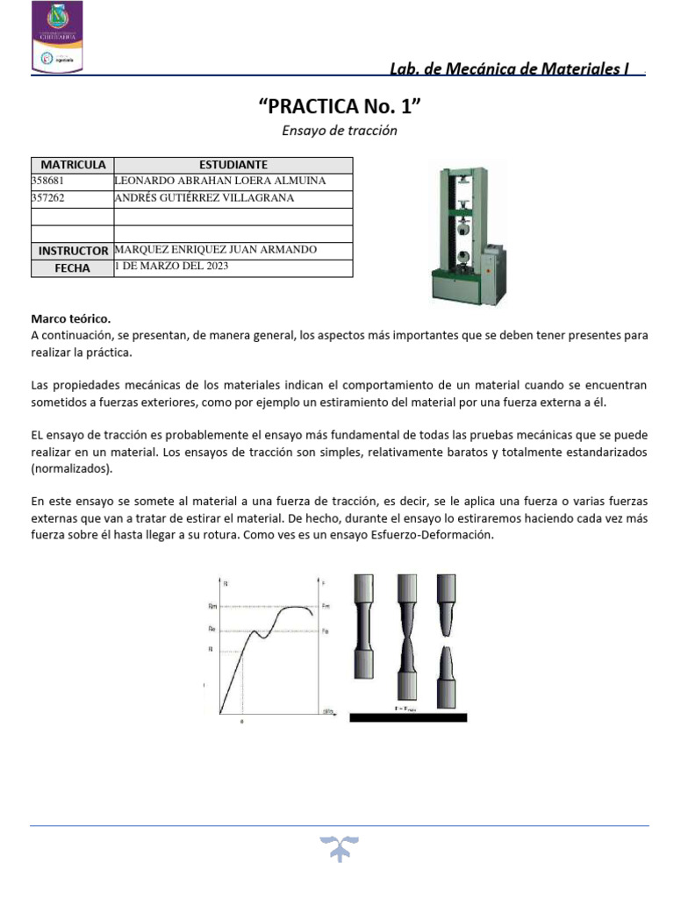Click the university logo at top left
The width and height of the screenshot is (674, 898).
[57, 37]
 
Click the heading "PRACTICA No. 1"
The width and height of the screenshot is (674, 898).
[340, 107]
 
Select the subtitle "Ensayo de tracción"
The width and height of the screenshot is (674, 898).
[340, 131]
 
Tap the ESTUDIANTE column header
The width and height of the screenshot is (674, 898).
[233, 165]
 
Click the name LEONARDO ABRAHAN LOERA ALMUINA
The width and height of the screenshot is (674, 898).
[220, 181]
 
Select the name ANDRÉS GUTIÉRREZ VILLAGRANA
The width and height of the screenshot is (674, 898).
[204, 198]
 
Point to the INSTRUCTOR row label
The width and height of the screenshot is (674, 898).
[73, 251]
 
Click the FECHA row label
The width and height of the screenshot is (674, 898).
[73, 268]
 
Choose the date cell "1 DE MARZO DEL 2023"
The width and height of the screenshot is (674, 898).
[172, 267]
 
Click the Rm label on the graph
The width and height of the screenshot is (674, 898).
[212, 606]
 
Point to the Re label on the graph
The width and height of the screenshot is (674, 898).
[212, 630]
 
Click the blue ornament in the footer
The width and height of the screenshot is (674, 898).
[340, 848]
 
